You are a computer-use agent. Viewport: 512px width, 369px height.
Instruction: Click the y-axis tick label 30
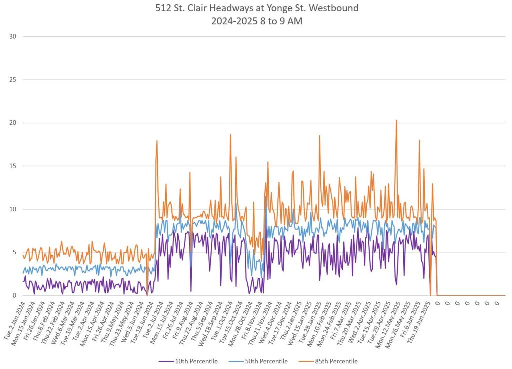tap(13, 36)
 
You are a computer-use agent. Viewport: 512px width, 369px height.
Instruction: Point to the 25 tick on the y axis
tap(13, 80)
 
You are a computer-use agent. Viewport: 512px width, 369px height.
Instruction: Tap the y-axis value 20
tap(13, 123)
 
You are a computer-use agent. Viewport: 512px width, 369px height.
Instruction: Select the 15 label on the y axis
tap(13, 166)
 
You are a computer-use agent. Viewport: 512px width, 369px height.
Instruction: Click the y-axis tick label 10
tap(13, 209)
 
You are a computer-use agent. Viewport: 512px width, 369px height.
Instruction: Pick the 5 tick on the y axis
tap(15, 252)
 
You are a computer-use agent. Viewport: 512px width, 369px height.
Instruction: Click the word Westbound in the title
tap(336, 8)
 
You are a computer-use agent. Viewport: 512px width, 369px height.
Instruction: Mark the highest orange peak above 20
tap(396, 120)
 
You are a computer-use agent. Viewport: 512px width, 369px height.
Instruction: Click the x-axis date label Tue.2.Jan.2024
tap(15, 320)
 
